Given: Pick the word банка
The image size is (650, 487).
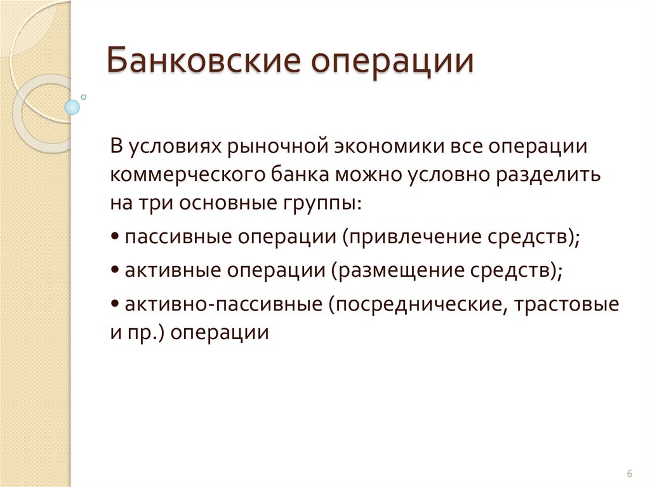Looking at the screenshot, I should (x=291, y=174).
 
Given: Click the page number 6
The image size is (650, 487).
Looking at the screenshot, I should (x=630, y=474).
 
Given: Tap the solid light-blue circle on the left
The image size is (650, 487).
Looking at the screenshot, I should (x=72, y=107).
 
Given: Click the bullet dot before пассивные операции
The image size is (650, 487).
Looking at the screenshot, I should (x=114, y=237).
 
